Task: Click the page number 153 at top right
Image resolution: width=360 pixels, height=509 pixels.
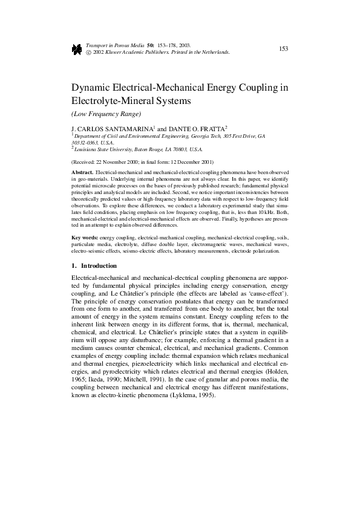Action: (283, 49)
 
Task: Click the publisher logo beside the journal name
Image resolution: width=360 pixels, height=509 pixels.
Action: (77, 50)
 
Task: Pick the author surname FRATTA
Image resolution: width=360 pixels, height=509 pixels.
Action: (212, 129)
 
